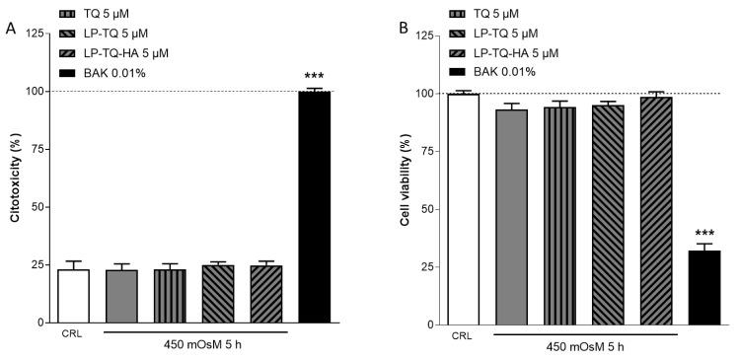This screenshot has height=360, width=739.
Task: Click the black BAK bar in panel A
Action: [314, 206]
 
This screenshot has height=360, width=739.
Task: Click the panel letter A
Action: [9, 29]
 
